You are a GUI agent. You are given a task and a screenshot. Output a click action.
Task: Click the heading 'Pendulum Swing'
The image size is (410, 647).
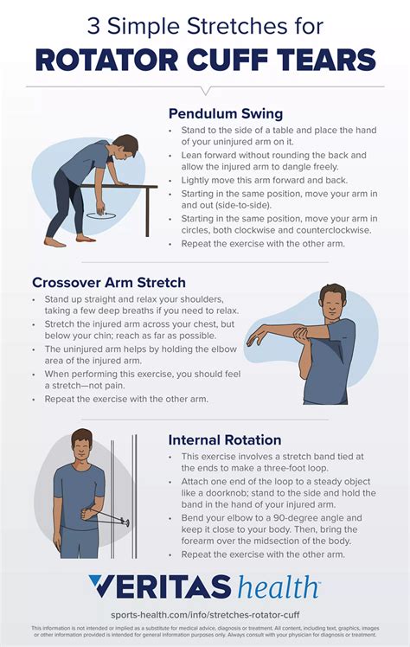225,113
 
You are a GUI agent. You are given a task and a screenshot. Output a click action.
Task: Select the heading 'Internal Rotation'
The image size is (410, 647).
224,439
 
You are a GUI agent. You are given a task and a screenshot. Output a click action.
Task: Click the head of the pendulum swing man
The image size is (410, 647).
125,145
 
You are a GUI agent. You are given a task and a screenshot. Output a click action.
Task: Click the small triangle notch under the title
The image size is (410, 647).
205,90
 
